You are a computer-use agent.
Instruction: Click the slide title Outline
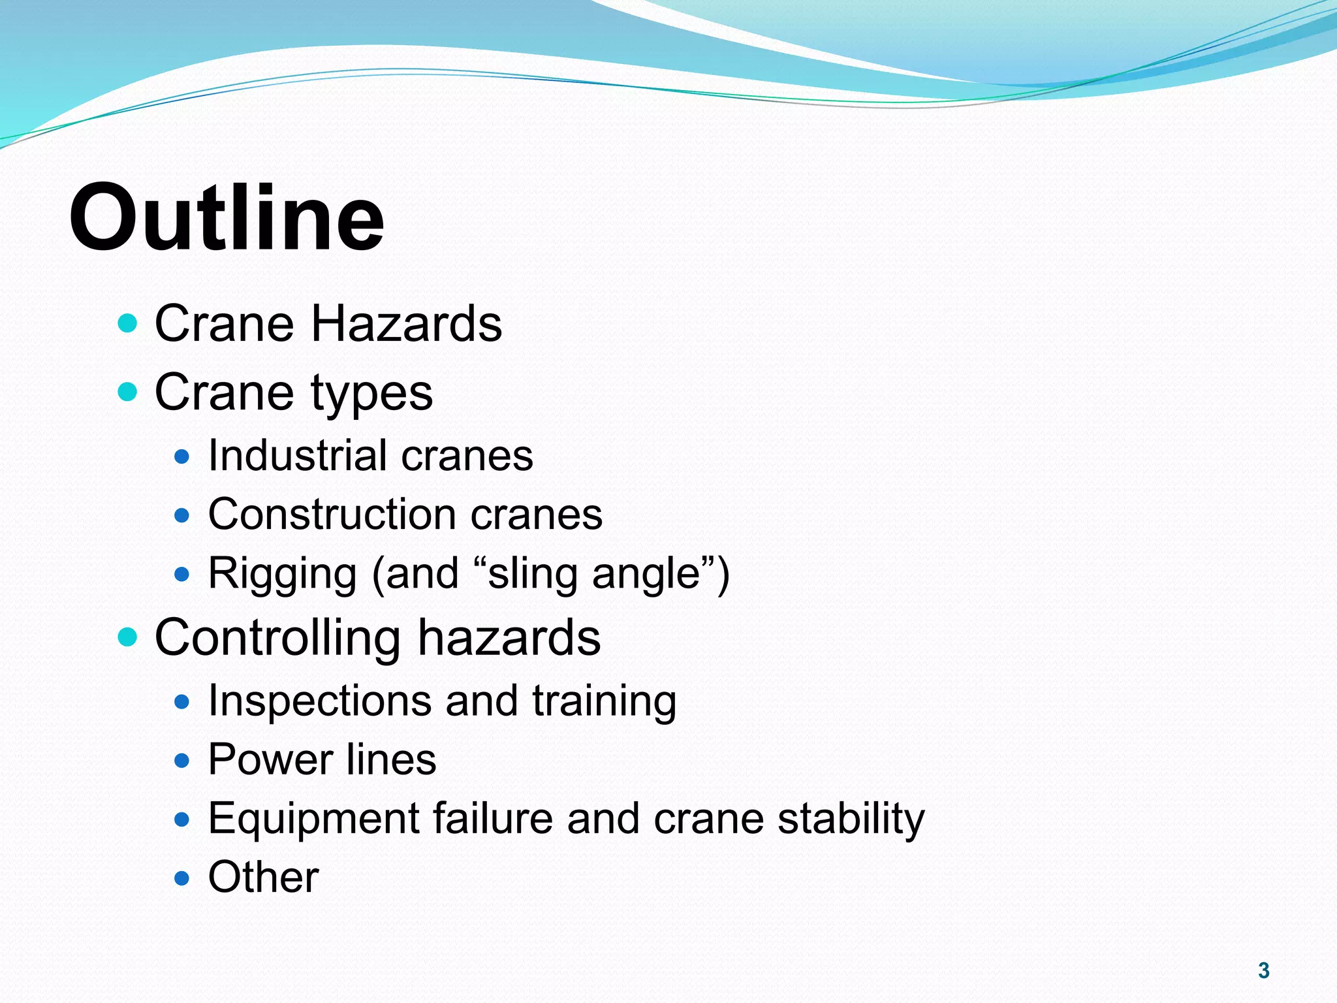(x=227, y=217)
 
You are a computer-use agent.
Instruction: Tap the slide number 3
(x=1263, y=970)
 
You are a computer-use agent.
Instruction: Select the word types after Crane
(x=371, y=393)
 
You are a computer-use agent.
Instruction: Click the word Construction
(x=332, y=514)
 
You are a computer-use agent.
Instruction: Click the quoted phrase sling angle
(x=595, y=573)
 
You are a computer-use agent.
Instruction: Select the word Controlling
(x=277, y=637)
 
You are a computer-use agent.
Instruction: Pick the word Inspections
(x=319, y=701)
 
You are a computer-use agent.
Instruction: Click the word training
(x=604, y=701)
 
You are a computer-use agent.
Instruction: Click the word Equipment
(x=313, y=819)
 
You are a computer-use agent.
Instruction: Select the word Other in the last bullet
(x=263, y=877)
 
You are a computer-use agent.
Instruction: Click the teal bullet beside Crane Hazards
(x=128, y=323)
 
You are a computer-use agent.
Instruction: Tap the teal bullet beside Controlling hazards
(x=128, y=637)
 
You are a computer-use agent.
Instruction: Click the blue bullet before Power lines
(x=182, y=761)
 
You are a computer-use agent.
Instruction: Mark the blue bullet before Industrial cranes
(x=182, y=456)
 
